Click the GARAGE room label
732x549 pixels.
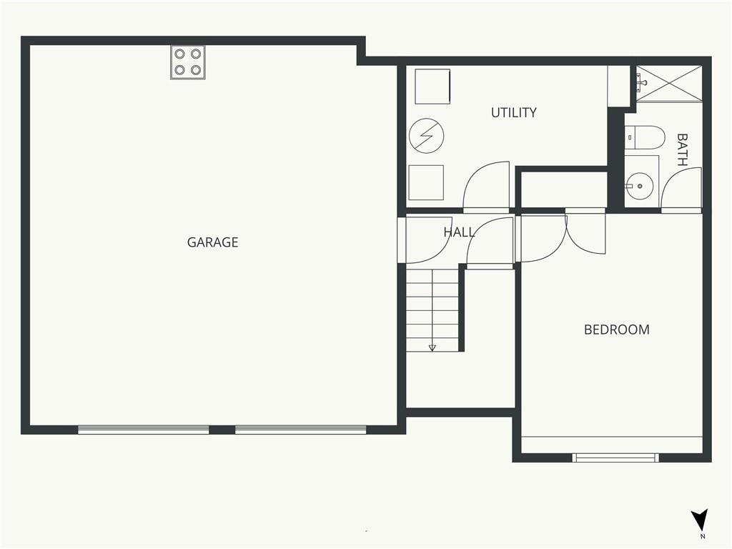[x=212, y=242]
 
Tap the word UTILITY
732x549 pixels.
[x=513, y=112]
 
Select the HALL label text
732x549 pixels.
[x=459, y=232]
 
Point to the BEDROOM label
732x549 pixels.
[x=617, y=330]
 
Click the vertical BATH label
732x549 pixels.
[x=682, y=150]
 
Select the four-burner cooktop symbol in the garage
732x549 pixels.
[x=188, y=62]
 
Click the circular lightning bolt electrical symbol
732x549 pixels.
[x=426, y=136]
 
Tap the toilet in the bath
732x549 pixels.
[x=644, y=137]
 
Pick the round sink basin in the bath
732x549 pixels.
[x=640, y=186]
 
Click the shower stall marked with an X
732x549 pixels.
[x=669, y=84]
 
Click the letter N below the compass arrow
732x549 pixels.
[x=703, y=536]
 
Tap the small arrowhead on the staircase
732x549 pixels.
[x=432, y=348]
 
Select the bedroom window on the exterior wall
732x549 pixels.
[x=615, y=457]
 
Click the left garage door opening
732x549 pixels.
[x=143, y=430]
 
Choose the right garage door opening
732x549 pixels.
[x=301, y=430]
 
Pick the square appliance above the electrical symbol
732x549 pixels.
[x=432, y=86]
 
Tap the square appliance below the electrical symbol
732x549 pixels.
[x=426, y=182]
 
